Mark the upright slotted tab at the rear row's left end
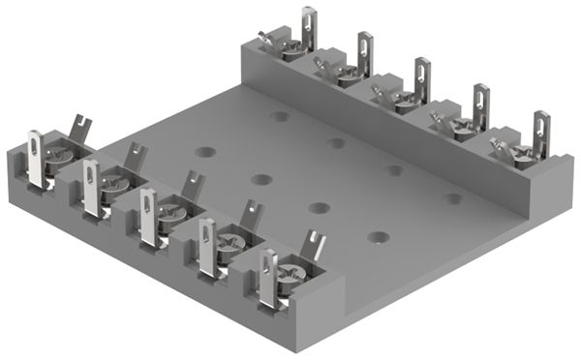point(308,26)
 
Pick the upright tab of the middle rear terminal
point(422,78)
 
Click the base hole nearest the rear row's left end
point(280,116)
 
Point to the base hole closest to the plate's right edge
point(452,199)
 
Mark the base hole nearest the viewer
point(378,236)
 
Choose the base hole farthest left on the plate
point(204,152)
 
